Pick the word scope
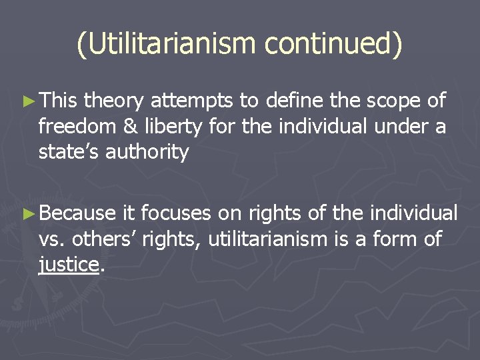coord(390,101)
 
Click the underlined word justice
coord(68,265)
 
